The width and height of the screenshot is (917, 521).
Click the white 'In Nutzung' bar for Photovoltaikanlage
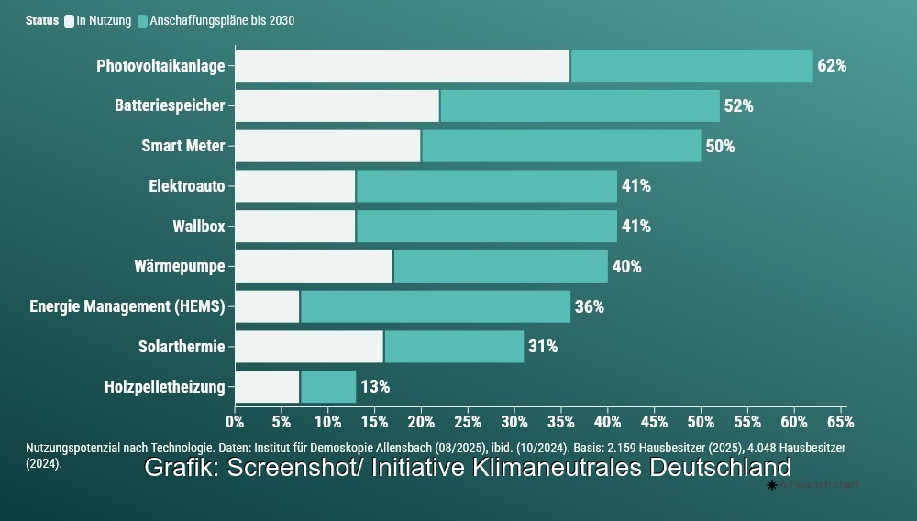pos(402,66)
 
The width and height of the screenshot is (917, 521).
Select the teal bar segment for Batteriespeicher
pos(580,105)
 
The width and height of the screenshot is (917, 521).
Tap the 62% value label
pos(832,66)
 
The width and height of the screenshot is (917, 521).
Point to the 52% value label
pos(738,105)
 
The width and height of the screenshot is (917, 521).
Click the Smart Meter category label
pos(182,146)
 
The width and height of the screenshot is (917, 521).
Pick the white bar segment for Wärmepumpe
pos(314,267)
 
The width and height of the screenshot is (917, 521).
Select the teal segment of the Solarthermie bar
pos(454,347)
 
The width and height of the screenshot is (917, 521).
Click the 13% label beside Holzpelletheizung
pos(375,387)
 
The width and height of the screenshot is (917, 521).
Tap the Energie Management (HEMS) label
pos(127,306)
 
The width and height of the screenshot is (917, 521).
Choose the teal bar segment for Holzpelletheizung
pos(328,387)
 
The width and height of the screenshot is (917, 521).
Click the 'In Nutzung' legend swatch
pos(70,20)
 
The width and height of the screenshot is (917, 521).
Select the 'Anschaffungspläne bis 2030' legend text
pos(222,20)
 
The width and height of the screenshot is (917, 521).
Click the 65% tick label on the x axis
pos(840,422)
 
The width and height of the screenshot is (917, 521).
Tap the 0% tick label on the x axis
pos(235,422)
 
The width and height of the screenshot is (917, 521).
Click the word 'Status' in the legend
pos(42,20)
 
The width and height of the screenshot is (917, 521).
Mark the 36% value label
pos(589,306)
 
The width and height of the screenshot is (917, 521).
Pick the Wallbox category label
pos(198,227)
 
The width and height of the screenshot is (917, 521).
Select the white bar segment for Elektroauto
pos(295,186)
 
